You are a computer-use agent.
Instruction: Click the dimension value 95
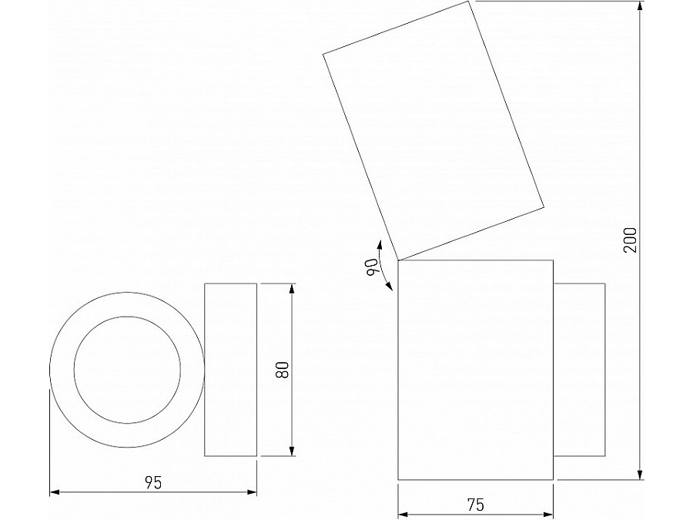153,483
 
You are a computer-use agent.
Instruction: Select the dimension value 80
283,370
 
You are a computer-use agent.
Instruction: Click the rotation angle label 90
373,268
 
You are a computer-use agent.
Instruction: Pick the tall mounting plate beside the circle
230,370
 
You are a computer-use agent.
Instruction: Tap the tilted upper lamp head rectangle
434,131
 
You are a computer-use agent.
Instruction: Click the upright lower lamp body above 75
475,370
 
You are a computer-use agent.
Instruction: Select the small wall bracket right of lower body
579,370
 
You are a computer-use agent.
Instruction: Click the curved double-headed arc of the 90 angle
383,264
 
